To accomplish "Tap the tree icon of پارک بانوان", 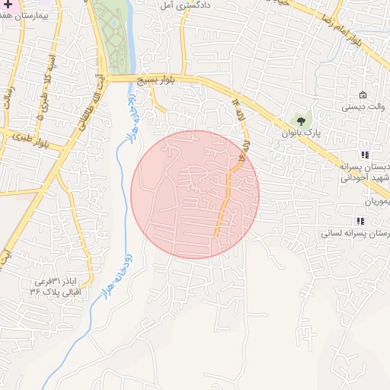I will pyautogui.click(x=302, y=120).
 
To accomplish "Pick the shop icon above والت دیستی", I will pyautogui.click(x=362, y=95).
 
